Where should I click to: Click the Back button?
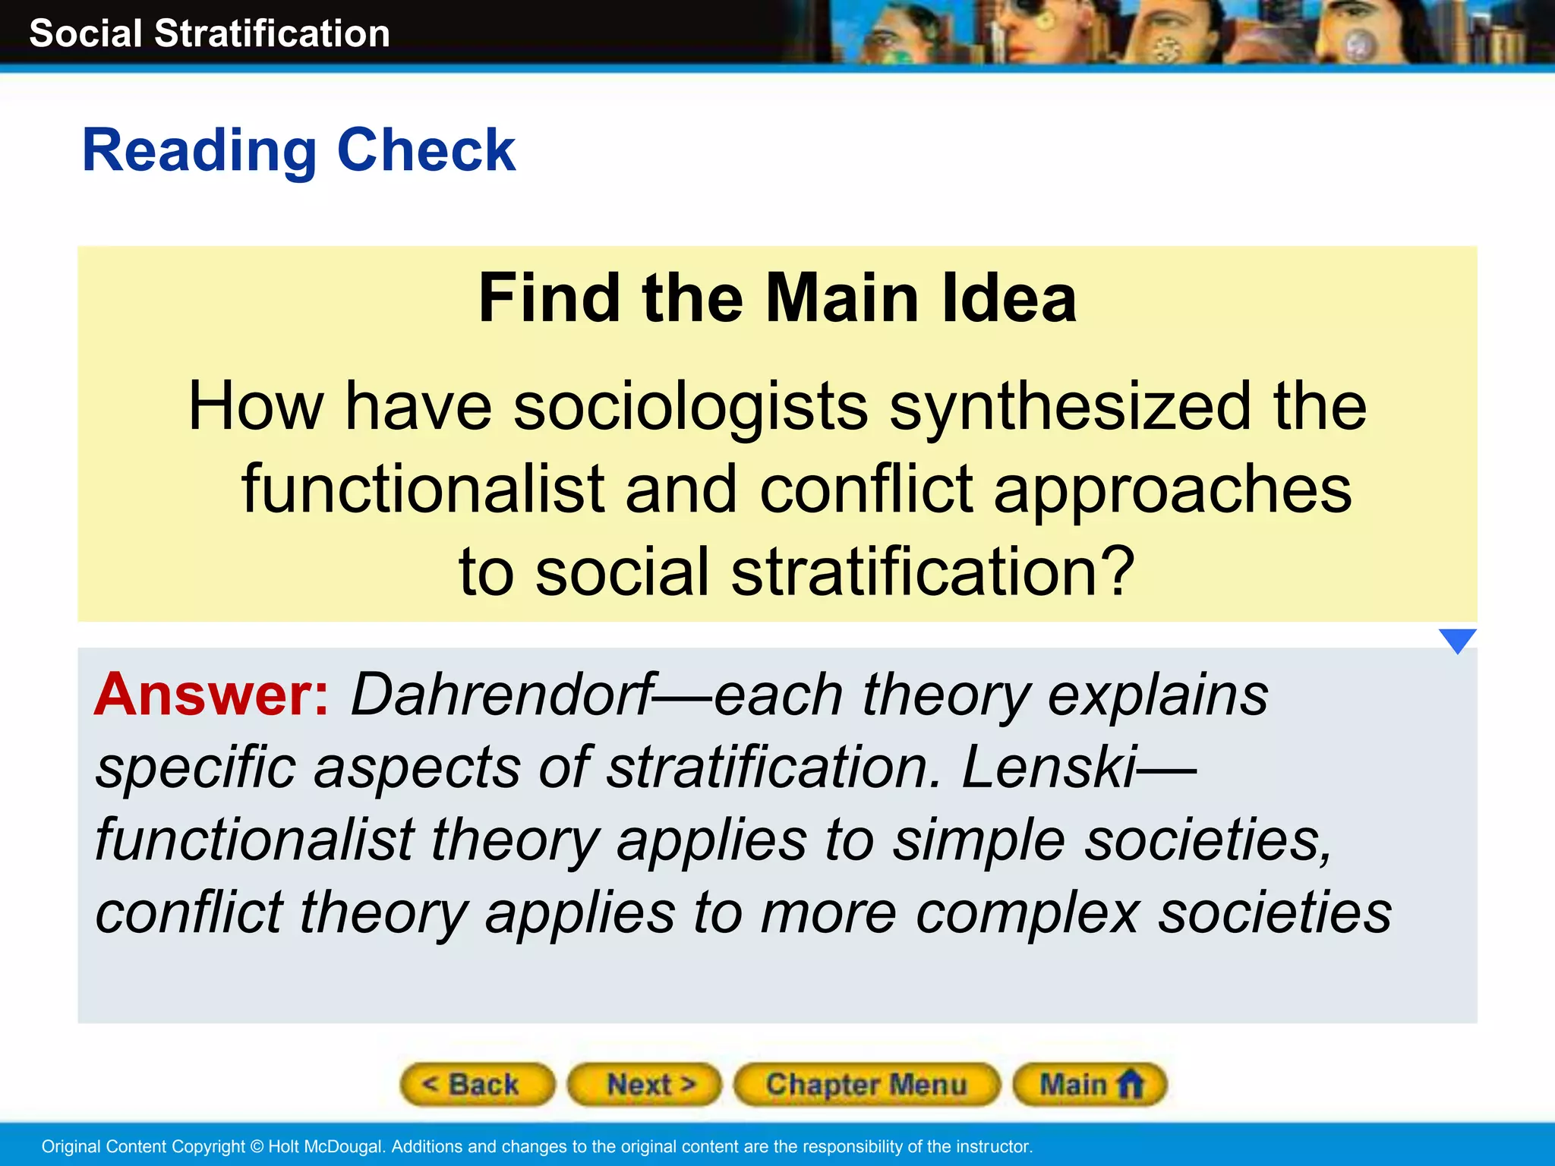pos(477,1084)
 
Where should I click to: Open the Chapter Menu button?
pos(866,1084)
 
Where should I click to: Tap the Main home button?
pos(1090,1084)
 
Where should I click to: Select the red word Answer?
pos(211,695)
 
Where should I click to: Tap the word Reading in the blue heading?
pos(199,151)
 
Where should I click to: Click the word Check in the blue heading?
pos(426,151)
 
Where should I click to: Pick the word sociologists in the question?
pos(690,408)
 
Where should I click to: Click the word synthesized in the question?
pos(1069,408)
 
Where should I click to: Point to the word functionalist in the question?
pos(423,490)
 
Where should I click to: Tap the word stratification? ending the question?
pos(932,572)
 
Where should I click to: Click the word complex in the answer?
pos(1027,913)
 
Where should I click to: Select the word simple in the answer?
pos(979,840)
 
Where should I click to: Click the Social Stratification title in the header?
pos(210,34)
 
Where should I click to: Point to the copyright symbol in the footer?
pos(257,1146)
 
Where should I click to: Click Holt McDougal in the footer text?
pos(325,1146)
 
